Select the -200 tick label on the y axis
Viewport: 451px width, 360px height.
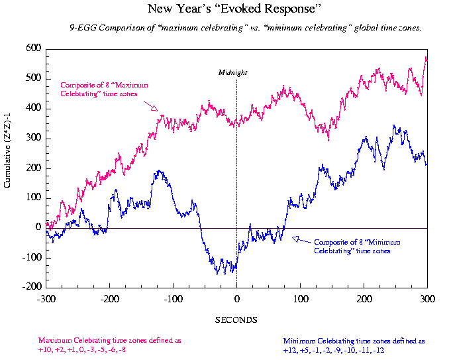pos(32,287)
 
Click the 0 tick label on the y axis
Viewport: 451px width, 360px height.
pos(38,227)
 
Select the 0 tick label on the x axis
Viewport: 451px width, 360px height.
pos(236,299)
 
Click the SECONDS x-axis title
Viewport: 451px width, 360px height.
pos(236,320)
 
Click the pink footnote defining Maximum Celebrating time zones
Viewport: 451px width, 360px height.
pos(109,345)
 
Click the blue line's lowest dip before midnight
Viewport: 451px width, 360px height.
pos(217,272)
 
